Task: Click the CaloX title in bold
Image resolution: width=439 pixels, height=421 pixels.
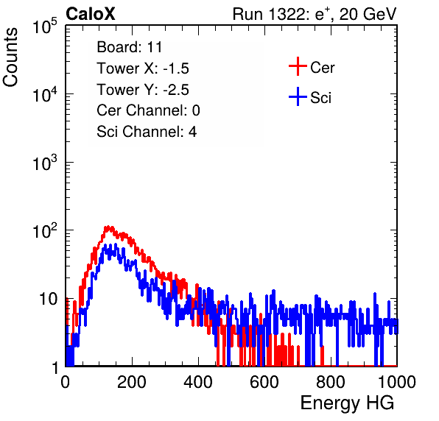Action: point(91,14)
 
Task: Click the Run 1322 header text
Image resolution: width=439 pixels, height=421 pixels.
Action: point(315,14)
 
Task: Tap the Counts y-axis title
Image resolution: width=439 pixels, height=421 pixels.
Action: point(10,57)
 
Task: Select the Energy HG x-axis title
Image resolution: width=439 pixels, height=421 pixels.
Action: point(347,403)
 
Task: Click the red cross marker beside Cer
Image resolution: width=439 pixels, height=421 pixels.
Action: point(298,66)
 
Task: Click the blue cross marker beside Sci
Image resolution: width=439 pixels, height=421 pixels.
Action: point(298,96)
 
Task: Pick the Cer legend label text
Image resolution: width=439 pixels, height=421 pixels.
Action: point(322,68)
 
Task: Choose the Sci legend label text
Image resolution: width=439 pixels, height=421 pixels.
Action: point(321,98)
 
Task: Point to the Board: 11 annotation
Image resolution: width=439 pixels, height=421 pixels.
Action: point(130,47)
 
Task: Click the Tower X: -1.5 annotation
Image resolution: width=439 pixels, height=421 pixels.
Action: point(143,68)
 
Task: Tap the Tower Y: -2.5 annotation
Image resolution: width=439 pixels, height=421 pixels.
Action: point(143,90)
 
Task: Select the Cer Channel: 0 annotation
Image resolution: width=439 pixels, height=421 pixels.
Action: point(148,110)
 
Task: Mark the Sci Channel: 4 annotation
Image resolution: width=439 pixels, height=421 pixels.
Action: point(147,131)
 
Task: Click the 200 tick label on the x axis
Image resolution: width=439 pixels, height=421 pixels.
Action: point(132,382)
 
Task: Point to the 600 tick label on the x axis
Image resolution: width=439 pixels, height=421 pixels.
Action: point(264,382)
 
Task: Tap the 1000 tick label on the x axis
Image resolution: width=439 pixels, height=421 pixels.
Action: point(397,382)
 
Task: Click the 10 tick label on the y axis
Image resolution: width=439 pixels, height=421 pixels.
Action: point(48,299)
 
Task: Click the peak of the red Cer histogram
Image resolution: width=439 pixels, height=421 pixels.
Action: point(108,227)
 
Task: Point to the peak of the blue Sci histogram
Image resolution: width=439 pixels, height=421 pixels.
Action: point(115,245)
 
